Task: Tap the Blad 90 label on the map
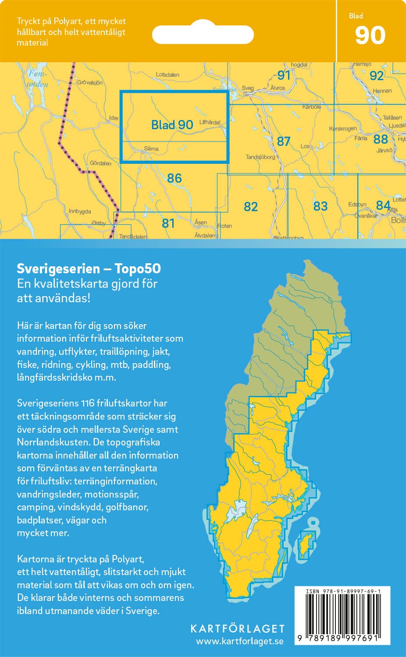(172, 125)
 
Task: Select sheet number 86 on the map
(174, 178)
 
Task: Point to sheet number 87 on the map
(283, 141)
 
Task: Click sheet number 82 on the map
(250, 206)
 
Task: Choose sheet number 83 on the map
(320, 206)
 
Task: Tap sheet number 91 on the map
(284, 75)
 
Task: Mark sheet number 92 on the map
(376, 76)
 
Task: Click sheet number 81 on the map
(168, 223)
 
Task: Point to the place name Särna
(151, 149)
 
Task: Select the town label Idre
(114, 118)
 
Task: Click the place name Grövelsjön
(89, 82)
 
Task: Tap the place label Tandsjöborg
(260, 157)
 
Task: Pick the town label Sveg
(248, 88)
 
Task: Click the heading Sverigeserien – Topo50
(89, 268)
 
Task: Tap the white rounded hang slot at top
(203, 35)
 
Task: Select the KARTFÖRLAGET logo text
(237, 629)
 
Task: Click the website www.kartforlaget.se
(239, 642)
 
